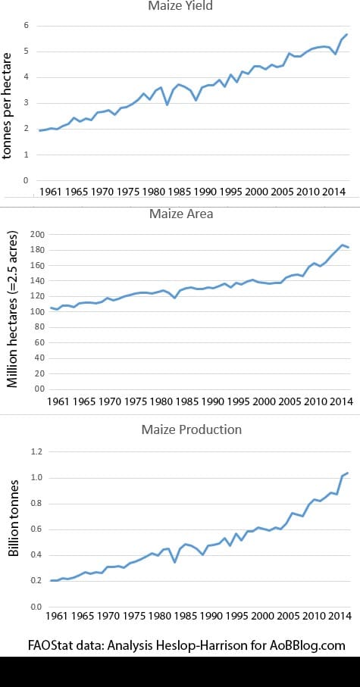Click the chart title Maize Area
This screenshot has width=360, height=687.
coord(180,214)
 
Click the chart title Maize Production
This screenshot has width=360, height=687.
coord(192,429)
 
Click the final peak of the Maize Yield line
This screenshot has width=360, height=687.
coord(347,35)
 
